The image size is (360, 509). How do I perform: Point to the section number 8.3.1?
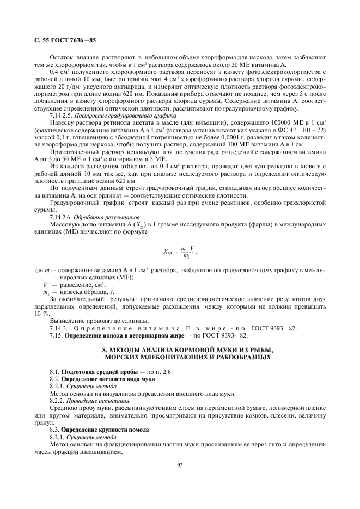click(x=57, y=437)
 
